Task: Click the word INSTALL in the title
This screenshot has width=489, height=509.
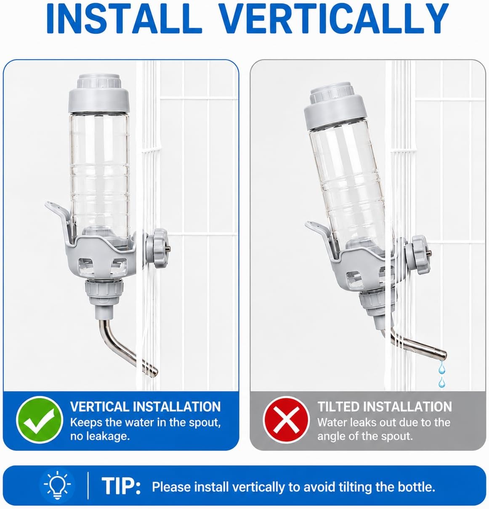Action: [x=124, y=19]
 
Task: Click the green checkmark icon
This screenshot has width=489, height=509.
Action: [x=40, y=420]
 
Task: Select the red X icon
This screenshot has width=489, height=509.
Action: [x=286, y=420]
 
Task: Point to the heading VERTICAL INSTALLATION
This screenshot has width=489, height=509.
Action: [x=146, y=407]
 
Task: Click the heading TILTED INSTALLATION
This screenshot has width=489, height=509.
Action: [x=385, y=407]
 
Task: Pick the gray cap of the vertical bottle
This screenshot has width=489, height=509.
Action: [x=99, y=93]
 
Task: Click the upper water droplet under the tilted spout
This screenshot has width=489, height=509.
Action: [x=441, y=368]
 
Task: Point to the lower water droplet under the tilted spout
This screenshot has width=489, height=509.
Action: [x=441, y=383]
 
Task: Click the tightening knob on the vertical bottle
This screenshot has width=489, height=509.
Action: [x=158, y=248]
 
